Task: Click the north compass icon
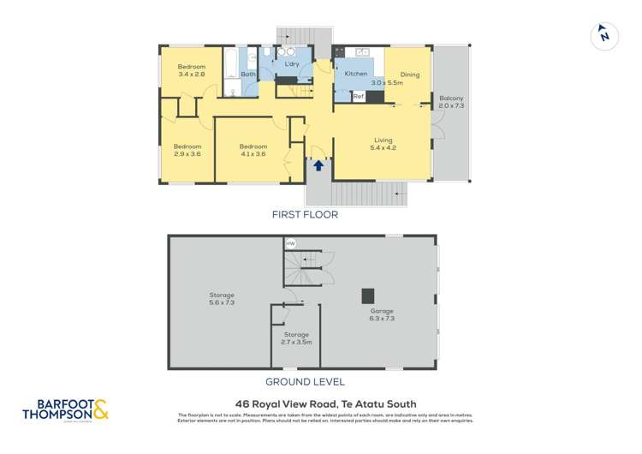point(604,35)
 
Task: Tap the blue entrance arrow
point(318,165)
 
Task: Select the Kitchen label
point(355,75)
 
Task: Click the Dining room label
point(409,75)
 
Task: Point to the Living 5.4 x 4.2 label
point(383,144)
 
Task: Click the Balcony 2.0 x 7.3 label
point(451,102)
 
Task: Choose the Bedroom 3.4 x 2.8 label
point(191,71)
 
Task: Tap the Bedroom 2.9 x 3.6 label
point(187,150)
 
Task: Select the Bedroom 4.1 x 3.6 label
point(253,150)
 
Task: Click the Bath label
point(248,75)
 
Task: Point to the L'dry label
point(280,65)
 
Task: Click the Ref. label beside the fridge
point(359,97)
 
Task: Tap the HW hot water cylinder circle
point(290,244)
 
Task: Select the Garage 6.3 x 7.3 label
point(382,314)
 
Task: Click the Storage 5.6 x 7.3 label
point(222,299)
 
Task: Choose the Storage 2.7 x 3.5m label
point(297,338)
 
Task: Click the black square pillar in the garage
point(367,296)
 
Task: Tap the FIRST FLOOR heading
point(305,215)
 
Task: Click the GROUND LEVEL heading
point(305,382)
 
